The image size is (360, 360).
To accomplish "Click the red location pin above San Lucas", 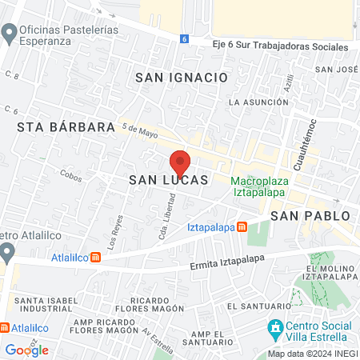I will point(179,162).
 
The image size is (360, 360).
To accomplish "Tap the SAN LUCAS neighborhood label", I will point(169,182).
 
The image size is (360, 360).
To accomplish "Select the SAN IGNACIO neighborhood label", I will point(182,78).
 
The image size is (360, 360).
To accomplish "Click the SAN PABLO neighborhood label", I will point(310,216).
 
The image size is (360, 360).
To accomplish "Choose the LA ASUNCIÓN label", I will point(258,102).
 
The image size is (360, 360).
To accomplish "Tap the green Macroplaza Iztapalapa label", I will point(260,186).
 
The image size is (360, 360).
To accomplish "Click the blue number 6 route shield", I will point(184,38).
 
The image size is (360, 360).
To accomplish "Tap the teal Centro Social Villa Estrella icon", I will point(275,327).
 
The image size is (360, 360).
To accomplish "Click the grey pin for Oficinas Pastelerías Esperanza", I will point(10,34).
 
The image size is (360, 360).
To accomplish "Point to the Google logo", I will point(26,350).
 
